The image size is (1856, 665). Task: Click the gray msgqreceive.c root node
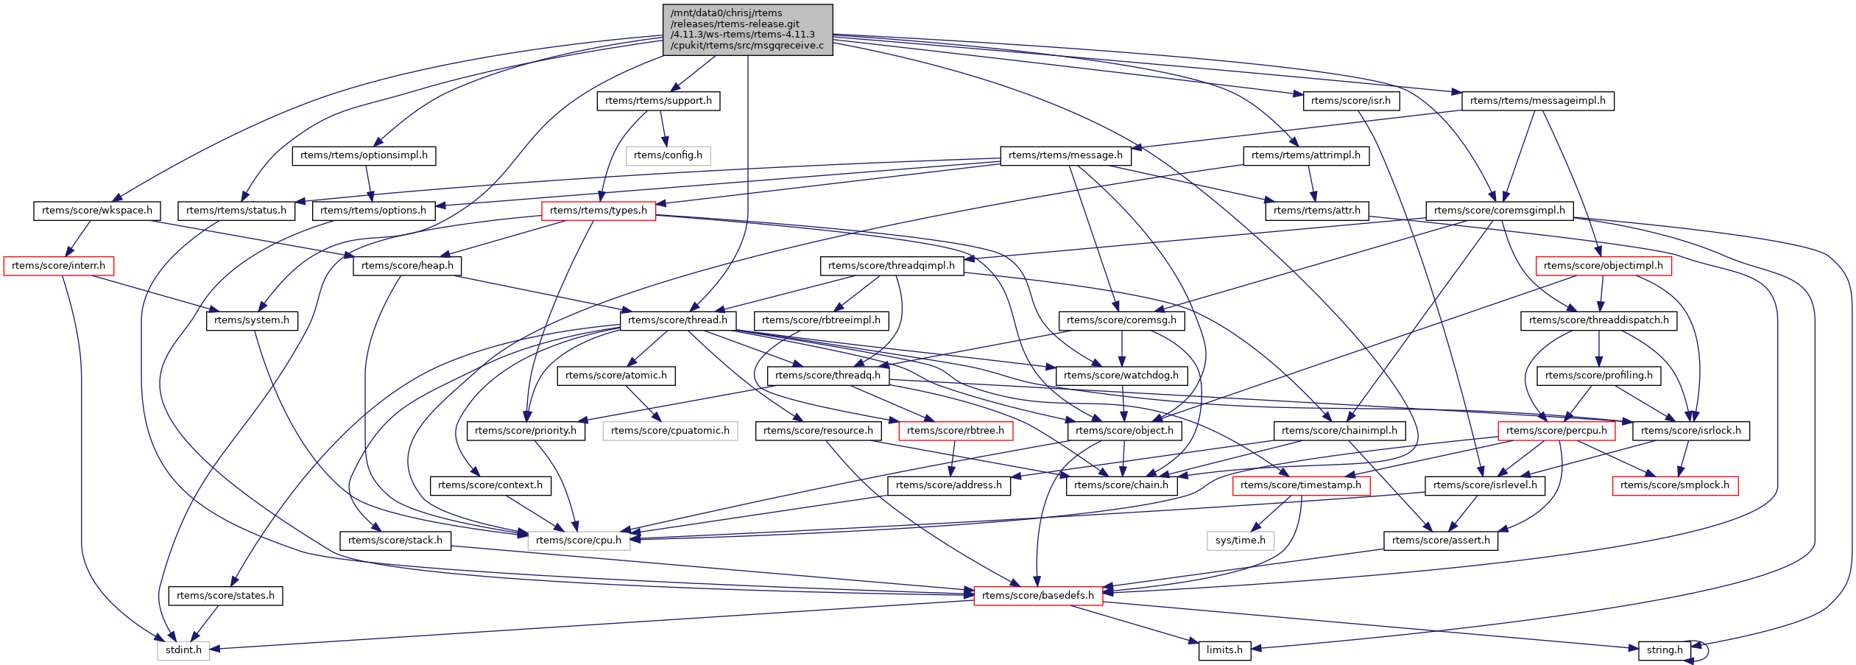click(x=748, y=29)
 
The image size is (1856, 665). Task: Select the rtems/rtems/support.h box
click(x=658, y=101)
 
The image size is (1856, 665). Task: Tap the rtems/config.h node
click(x=668, y=155)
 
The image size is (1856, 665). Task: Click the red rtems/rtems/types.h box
click(x=598, y=211)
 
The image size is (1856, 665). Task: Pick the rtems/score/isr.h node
click(x=1350, y=101)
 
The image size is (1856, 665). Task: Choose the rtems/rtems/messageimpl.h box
click(x=1537, y=101)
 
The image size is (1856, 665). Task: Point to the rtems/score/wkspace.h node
click(x=97, y=211)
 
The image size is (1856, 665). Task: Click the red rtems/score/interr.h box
click(x=58, y=266)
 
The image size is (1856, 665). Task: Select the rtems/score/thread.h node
click(x=677, y=320)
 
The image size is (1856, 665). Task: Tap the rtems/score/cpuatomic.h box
click(x=670, y=431)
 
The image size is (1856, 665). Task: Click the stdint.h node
click(x=183, y=650)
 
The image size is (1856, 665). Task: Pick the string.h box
click(x=1665, y=650)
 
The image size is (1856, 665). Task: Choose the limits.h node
click(x=1224, y=650)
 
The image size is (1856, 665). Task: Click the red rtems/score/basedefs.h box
click(x=1038, y=596)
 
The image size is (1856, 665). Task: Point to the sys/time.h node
click(x=1241, y=541)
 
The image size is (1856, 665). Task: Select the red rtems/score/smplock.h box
click(x=1675, y=485)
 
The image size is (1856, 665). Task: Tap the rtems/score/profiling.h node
click(x=1598, y=376)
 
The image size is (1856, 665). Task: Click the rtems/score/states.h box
click(x=225, y=596)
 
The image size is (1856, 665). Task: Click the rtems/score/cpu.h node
click(x=579, y=541)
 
